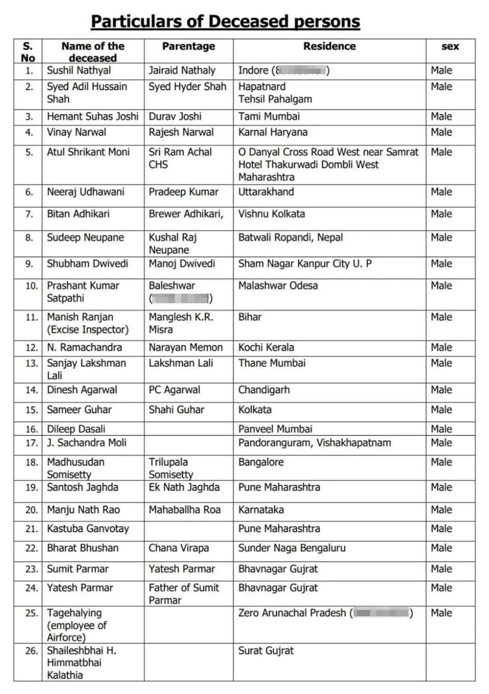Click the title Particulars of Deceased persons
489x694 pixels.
click(225, 21)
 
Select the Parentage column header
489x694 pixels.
click(189, 46)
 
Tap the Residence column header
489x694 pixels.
click(329, 46)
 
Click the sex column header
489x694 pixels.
click(450, 46)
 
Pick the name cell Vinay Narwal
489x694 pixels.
click(76, 132)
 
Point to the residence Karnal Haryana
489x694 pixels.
click(273, 132)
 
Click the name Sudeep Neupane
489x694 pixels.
click(85, 237)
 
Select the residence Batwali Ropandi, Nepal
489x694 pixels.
click(290, 237)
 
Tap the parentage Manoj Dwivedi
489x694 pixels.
click(182, 264)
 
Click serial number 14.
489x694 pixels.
click(31, 390)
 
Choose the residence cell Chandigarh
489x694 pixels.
click(264, 390)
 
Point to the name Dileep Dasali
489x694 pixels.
click(76, 429)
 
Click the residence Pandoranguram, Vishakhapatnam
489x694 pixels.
click(315, 443)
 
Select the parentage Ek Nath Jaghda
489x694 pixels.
click(184, 487)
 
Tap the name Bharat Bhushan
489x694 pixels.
click(83, 548)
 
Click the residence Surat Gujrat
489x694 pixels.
click(266, 651)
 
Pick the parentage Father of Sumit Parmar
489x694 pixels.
click(183, 594)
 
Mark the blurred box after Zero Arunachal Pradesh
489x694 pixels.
click(382, 613)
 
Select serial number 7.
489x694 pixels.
click(29, 214)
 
